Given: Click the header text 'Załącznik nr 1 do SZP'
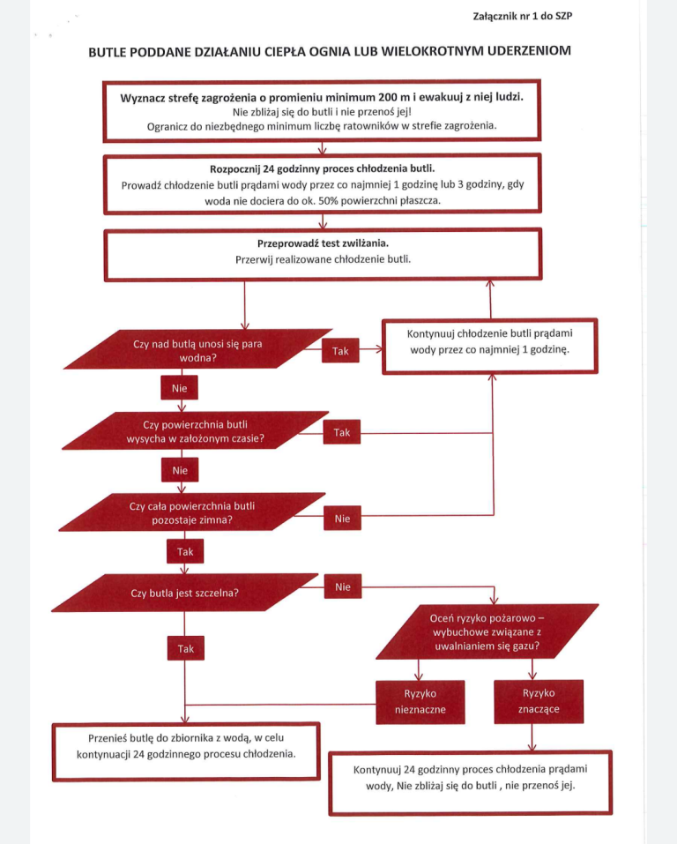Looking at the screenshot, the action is pos(522,16).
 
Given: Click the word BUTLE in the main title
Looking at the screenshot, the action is pos(107,52).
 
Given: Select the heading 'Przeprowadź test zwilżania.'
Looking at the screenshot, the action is pos(323,243).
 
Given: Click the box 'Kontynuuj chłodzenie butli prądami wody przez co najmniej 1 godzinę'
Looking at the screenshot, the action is pos(490,346).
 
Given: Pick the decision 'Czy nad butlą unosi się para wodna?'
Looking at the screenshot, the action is pos(198,349).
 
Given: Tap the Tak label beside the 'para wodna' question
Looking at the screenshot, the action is pos(340,351).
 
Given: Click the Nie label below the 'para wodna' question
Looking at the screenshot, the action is pos(179,388).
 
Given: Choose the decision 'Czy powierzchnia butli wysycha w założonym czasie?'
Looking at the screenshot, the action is pos(196,430).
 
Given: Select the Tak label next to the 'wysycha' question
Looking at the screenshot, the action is pos(342,432).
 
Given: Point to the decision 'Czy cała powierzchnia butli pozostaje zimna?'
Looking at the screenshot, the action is pos(192,512).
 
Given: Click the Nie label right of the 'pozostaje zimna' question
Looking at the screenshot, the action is pos(342,519).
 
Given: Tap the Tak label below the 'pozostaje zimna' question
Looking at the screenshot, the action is pos(185,552).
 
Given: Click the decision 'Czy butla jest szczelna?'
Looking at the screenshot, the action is pos(184,593).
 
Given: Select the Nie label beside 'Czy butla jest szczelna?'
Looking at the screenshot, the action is pos(343,586).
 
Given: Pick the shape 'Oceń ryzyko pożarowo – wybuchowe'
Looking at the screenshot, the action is pos(487,631).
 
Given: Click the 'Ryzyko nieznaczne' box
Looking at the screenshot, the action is pos(420,701).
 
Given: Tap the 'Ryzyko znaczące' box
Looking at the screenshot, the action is pos(539,701).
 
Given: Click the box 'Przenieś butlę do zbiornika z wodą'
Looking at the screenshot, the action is pos(186,751).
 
